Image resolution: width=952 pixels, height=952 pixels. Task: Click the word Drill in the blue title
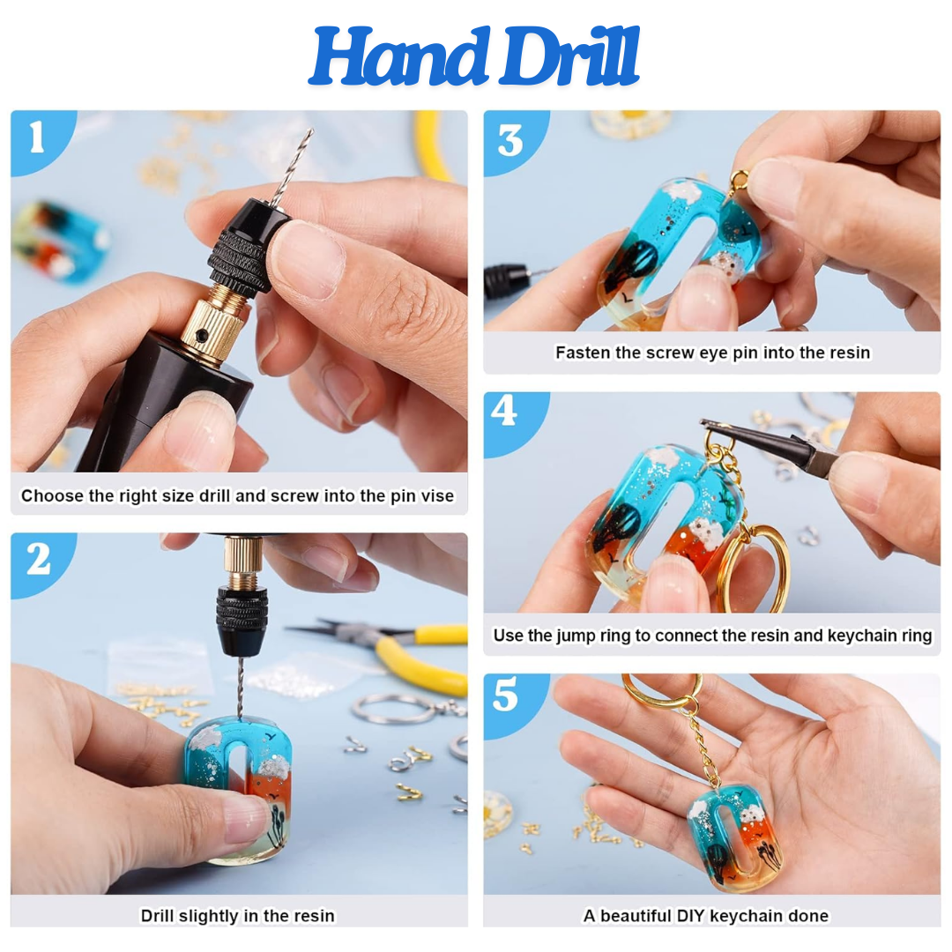tap(569, 56)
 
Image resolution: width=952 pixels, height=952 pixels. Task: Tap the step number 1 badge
tap(38, 138)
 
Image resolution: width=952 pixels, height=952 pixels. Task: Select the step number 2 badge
tap(39, 560)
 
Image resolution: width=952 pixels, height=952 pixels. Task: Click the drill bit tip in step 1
tap(311, 130)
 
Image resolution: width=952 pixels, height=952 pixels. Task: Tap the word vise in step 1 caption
tap(437, 496)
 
